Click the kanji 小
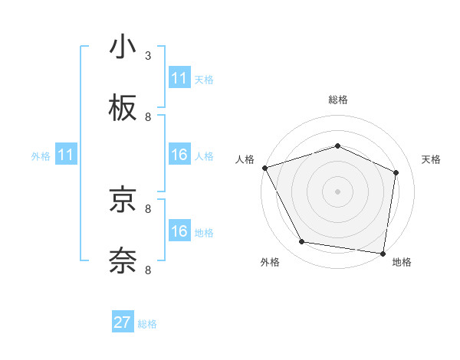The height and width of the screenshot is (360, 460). click(x=123, y=47)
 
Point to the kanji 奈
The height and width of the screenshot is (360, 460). click(x=123, y=260)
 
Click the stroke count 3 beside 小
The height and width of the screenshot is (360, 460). click(x=148, y=56)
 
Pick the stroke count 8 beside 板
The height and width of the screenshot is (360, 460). click(x=148, y=116)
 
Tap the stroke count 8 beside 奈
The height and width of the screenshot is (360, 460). click(x=148, y=270)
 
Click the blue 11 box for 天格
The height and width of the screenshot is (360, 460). click(x=179, y=78)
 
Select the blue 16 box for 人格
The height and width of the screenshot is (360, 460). click(x=179, y=155)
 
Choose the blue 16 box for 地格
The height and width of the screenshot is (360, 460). click(x=179, y=231)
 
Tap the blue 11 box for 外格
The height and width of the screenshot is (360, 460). click(x=66, y=155)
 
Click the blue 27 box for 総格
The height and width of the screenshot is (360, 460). click(x=123, y=322)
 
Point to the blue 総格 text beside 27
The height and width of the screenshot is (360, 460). click(x=147, y=324)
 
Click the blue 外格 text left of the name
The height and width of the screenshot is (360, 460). click(x=41, y=156)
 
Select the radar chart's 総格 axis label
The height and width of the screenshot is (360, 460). click(x=338, y=100)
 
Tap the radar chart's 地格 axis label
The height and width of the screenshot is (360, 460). click(x=402, y=262)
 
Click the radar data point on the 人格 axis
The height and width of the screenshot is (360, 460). click(x=264, y=168)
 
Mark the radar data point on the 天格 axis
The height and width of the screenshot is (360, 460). click(x=396, y=172)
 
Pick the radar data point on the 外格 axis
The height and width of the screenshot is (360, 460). click(x=302, y=242)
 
